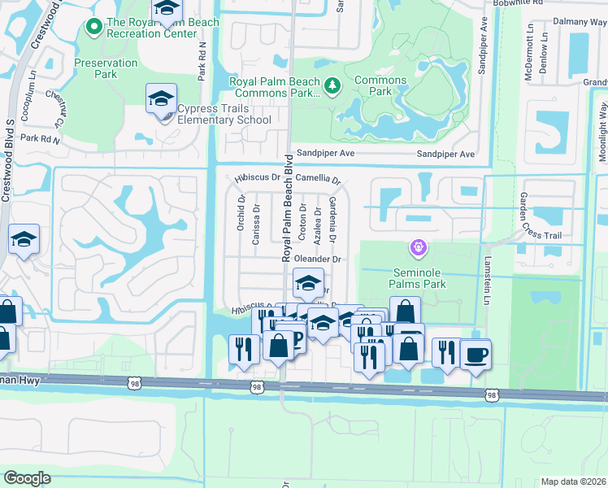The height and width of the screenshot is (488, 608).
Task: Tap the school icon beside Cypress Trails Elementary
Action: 161,100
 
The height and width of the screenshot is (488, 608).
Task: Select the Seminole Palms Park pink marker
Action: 419,246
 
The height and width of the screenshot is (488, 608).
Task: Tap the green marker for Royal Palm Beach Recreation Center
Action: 93,28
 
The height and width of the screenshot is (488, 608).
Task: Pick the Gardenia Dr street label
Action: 332,218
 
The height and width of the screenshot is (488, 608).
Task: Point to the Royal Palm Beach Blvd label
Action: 287,207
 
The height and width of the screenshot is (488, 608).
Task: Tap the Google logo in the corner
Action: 28,477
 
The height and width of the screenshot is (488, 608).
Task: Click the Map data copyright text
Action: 573,481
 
